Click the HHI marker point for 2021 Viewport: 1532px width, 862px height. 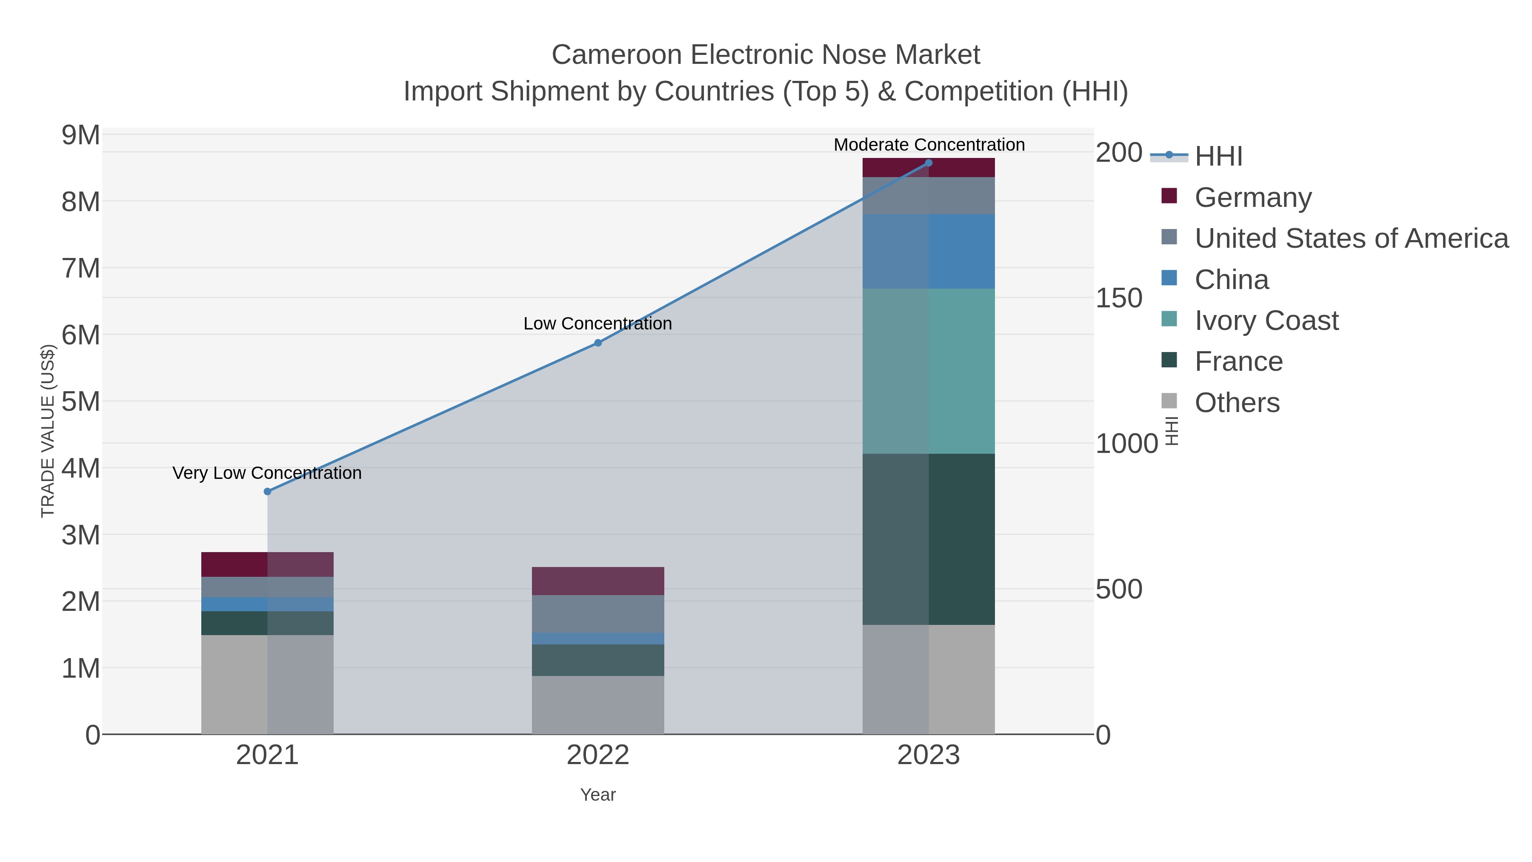coord(267,491)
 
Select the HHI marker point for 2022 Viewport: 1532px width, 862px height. coord(598,343)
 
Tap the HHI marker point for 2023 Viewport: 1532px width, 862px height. coord(929,163)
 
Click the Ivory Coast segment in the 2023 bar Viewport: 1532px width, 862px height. coord(929,371)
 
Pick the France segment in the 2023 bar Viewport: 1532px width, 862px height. coord(929,539)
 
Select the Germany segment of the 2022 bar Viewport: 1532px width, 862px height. coord(598,581)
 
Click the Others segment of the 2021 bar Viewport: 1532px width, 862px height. coord(267,684)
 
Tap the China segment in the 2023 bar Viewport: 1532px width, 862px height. coord(929,251)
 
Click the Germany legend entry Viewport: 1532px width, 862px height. coord(1252,198)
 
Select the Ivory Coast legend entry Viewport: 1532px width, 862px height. coord(1266,321)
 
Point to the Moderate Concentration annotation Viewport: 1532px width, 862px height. coord(929,145)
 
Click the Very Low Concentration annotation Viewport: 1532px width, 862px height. coord(267,473)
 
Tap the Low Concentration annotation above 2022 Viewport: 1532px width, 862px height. coord(598,324)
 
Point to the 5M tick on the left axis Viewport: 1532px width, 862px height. coord(81,401)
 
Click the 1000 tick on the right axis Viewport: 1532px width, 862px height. coord(1126,444)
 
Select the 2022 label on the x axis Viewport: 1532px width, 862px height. coord(598,756)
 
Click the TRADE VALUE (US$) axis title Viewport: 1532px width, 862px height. coord(48,431)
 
